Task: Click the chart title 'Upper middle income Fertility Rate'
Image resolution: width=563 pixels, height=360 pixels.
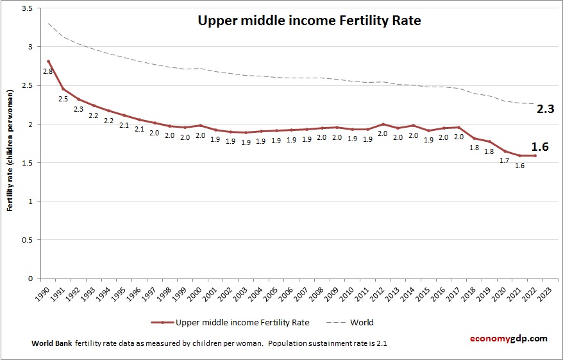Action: coord(309,21)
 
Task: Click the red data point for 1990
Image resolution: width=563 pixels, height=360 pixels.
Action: coord(48,62)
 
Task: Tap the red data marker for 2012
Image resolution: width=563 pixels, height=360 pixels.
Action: coord(383,124)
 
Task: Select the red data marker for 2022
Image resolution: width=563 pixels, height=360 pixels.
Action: coord(535,155)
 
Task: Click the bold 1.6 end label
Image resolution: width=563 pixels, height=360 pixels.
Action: coord(540,147)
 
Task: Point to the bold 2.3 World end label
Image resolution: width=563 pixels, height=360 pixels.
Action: coord(545,110)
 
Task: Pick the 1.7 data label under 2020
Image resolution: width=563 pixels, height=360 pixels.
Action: coord(504,160)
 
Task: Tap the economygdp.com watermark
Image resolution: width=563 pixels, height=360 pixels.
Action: coord(509,338)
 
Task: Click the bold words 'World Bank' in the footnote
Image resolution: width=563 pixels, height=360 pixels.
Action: coord(52,343)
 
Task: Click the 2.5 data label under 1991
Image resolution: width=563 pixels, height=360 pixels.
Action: coord(63,99)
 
